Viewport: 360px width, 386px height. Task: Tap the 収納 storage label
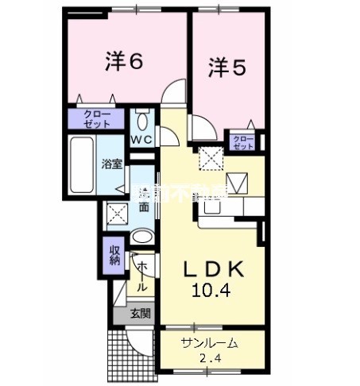point(114,256)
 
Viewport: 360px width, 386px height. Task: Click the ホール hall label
point(141,275)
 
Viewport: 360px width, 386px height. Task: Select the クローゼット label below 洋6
point(95,120)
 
